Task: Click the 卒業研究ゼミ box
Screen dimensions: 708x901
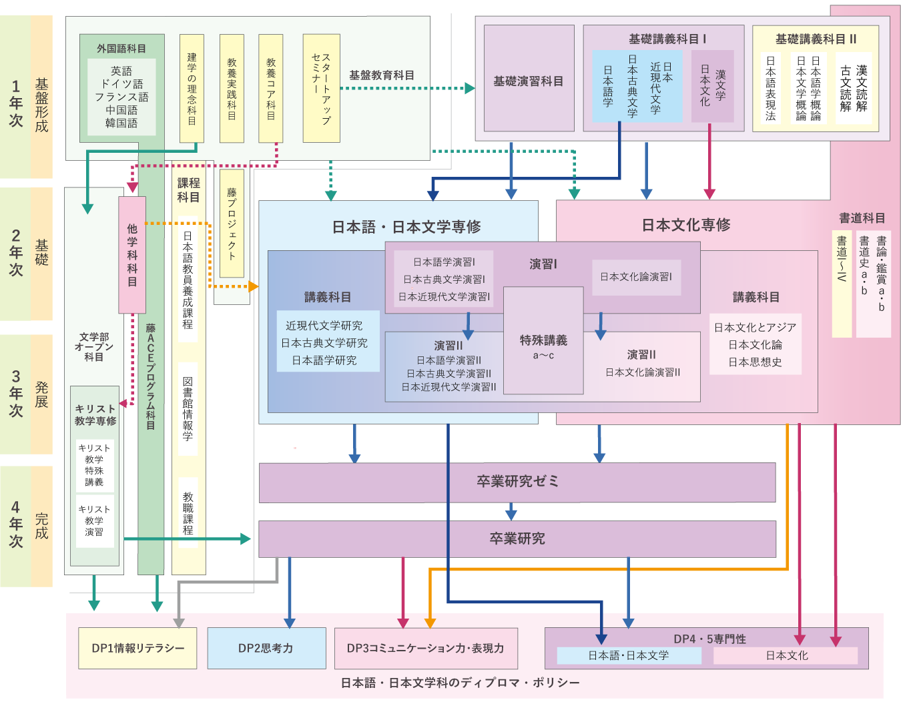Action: click(517, 482)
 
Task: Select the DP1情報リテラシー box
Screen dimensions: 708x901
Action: click(137, 648)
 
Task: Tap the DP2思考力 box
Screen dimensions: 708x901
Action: click(266, 648)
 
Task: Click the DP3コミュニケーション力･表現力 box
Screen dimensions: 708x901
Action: click(426, 648)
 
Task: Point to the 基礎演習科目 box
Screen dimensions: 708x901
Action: click(529, 81)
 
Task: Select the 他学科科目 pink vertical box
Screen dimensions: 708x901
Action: click(132, 255)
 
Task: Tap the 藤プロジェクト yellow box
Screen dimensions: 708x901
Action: click(232, 224)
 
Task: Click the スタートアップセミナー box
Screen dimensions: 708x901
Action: click(321, 89)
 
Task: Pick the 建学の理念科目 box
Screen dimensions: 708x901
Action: click(192, 89)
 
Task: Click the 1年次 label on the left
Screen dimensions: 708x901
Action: click(16, 103)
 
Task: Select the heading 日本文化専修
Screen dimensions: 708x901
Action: click(685, 225)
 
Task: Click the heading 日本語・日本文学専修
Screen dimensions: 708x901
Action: click(406, 227)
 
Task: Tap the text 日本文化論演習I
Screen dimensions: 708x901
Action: click(636, 277)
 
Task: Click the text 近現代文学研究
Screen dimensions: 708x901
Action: click(324, 326)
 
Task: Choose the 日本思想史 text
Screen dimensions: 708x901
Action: click(755, 362)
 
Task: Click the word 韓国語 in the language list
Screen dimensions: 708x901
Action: click(121, 123)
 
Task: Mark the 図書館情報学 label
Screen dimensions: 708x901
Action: click(188, 408)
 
